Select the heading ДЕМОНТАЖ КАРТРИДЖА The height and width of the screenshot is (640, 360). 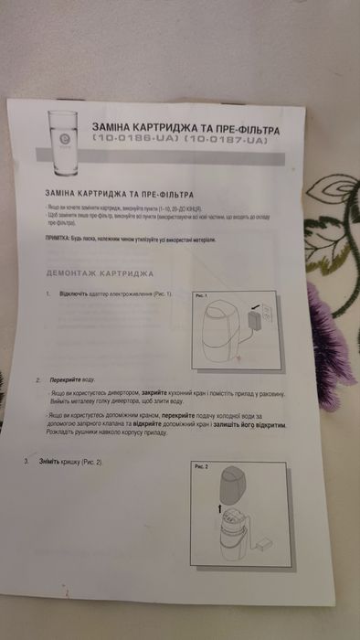click(x=99, y=274)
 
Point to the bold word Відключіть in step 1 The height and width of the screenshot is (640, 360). click(x=73, y=295)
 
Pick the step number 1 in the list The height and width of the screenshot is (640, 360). click(x=48, y=295)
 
